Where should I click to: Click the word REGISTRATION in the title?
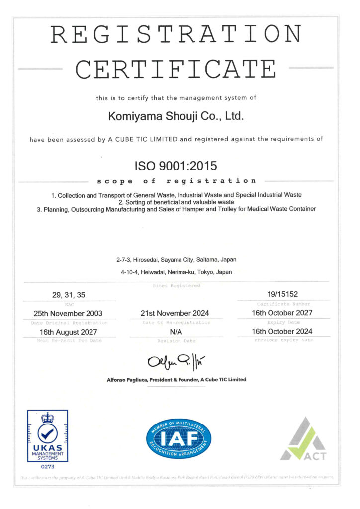(176, 34)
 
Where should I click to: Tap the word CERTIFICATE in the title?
(176, 68)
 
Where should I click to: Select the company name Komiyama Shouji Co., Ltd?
(176, 117)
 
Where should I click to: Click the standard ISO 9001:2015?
(176, 164)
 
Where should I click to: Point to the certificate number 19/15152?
(282, 295)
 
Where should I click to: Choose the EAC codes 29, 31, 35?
(69, 295)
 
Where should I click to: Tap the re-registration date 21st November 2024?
(176, 313)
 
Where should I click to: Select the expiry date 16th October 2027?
(282, 313)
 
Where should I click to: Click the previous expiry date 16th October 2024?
(282, 332)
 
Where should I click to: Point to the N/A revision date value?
(176, 332)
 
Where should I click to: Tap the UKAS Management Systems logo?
(47, 435)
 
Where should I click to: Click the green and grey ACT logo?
(303, 439)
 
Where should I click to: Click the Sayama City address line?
(176, 260)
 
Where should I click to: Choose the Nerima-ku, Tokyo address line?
(176, 272)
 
